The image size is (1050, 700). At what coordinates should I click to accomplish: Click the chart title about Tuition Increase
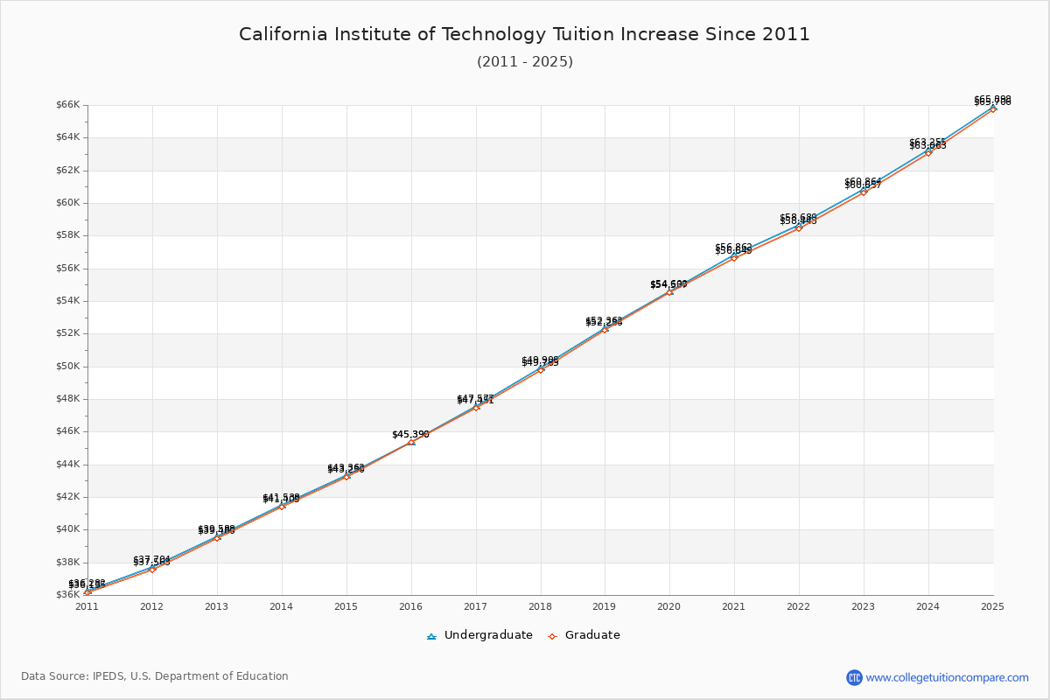[x=525, y=35]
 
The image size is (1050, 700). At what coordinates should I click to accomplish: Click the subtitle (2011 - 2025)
[x=525, y=62]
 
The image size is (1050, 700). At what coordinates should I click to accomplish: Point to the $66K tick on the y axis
[x=67, y=105]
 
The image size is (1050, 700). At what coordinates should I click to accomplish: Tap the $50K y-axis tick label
[x=67, y=367]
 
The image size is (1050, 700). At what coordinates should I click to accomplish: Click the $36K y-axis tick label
[x=67, y=595]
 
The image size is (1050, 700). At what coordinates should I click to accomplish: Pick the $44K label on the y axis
[x=67, y=465]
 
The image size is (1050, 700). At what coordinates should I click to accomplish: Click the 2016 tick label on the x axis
[x=410, y=605]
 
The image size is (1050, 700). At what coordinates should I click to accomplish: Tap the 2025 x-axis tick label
[x=992, y=605]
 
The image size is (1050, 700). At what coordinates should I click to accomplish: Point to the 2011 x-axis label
[x=87, y=605]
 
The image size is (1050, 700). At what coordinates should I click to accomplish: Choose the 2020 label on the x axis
[x=669, y=605]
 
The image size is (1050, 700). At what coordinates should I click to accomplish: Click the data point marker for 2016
[x=411, y=442]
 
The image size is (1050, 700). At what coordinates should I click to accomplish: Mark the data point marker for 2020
[x=669, y=291]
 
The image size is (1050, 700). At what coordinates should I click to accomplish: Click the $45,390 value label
[x=410, y=434]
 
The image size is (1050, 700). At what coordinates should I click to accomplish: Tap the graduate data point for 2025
[x=993, y=108]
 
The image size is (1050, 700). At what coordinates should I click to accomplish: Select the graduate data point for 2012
[x=152, y=569]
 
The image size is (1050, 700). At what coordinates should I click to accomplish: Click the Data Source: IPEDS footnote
[x=155, y=676]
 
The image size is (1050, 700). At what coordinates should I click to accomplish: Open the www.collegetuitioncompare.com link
[x=947, y=677]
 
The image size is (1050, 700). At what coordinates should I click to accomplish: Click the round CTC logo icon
[x=854, y=677]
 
